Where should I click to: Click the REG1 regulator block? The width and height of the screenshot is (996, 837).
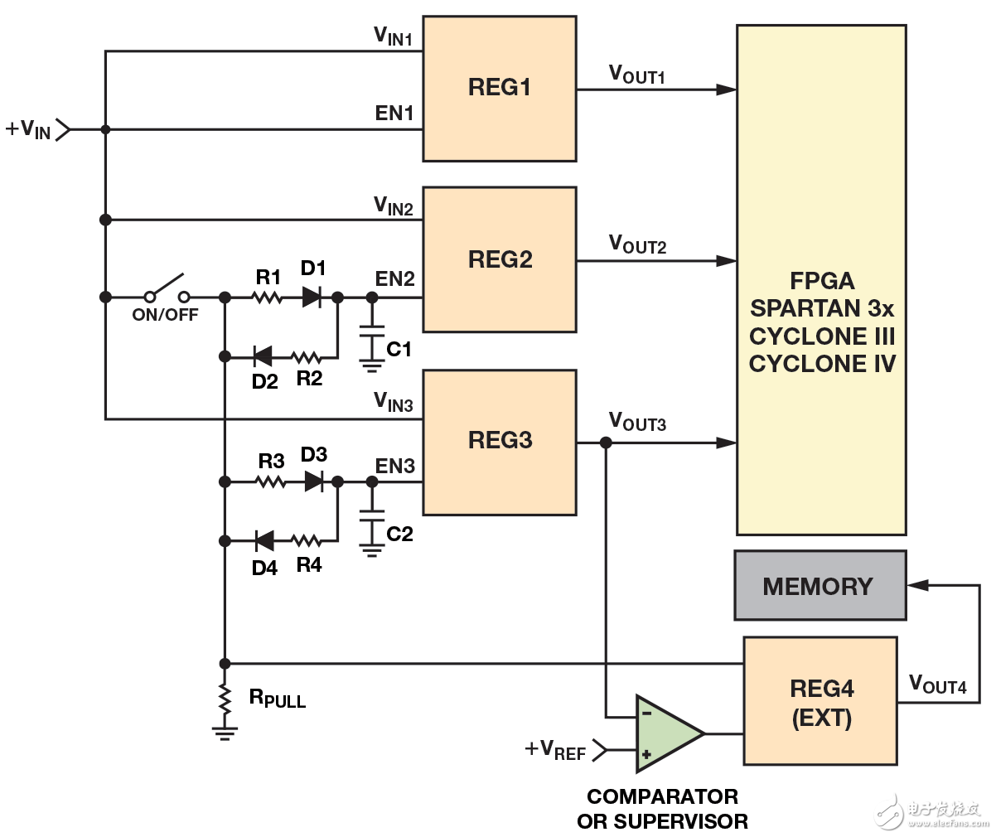(500, 88)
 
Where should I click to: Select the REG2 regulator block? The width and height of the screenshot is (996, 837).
(500, 259)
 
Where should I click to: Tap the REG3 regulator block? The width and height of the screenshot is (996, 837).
(500, 442)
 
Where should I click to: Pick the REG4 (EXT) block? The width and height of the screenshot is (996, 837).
(820, 700)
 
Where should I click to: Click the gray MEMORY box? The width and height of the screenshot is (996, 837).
(820, 586)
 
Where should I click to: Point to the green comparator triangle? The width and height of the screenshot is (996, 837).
(667, 733)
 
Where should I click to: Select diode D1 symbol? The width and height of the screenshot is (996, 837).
(312, 296)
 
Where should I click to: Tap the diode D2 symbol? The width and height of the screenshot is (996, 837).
(263, 357)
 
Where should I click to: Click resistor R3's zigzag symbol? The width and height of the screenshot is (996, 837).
(270, 481)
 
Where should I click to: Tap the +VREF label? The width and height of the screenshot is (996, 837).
(555, 751)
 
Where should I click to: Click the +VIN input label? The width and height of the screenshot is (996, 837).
(28, 129)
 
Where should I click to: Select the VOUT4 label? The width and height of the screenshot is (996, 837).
(937, 685)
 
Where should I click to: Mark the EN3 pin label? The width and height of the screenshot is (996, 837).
(394, 467)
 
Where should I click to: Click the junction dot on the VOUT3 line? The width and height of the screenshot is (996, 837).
(606, 443)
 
